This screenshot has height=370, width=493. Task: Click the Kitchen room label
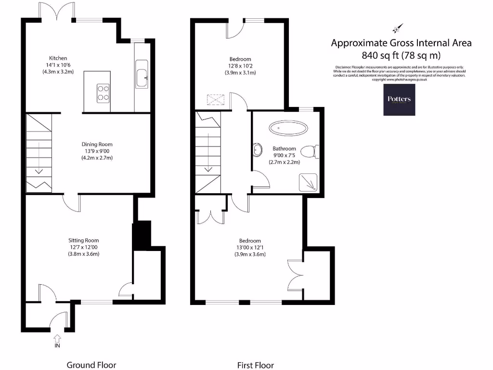pyautogui.click(x=58, y=58)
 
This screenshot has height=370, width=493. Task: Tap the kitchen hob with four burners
pyautogui.click(x=103, y=92)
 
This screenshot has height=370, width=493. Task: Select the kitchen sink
pyautogui.click(x=142, y=75)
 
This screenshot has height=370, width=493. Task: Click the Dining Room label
pyautogui.click(x=97, y=144)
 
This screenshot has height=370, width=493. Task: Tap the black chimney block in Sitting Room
pyautogui.click(x=142, y=235)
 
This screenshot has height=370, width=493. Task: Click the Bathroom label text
pyautogui.click(x=284, y=149)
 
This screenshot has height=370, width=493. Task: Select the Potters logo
pyautogui.click(x=400, y=100)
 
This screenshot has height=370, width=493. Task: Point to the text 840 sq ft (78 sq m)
pyautogui.click(x=401, y=55)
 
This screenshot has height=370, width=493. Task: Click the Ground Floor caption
pyautogui.click(x=91, y=365)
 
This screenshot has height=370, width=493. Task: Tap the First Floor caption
pyautogui.click(x=255, y=365)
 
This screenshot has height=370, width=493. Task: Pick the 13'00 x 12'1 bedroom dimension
pyautogui.click(x=249, y=248)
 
